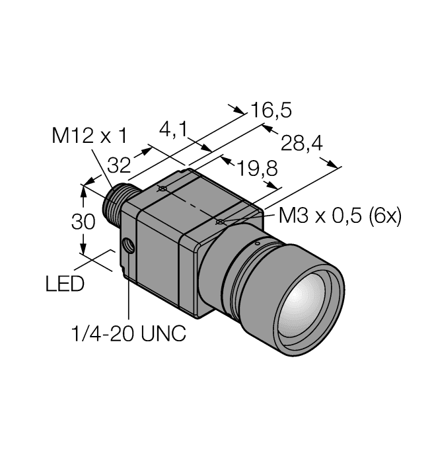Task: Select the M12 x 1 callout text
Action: click(89, 136)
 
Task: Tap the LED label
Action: click(65, 285)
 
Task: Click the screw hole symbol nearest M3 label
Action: click(220, 222)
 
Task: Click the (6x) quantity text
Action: click(384, 216)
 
